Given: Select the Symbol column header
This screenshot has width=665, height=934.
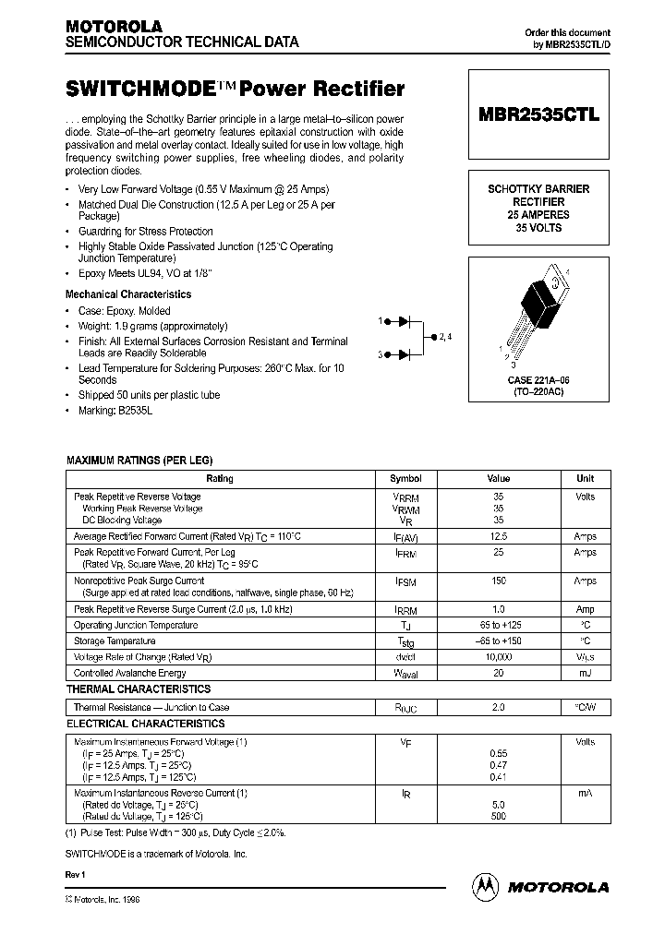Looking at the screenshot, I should (x=405, y=479).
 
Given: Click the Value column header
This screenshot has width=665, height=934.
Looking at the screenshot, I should (x=498, y=479).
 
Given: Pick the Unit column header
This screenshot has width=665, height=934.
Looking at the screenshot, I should (x=586, y=479).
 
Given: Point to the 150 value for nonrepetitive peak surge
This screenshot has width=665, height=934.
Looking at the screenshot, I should (x=498, y=581).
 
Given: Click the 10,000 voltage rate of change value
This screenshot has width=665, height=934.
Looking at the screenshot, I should (x=498, y=656).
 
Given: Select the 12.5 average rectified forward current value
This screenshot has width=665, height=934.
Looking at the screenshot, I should (x=498, y=535).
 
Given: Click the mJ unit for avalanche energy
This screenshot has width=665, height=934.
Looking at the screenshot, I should (x=586, y=673).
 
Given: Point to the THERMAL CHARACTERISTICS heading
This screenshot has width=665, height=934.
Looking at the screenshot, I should (x=139, y=689).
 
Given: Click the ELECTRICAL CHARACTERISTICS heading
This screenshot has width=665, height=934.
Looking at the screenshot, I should (x=145, y=724).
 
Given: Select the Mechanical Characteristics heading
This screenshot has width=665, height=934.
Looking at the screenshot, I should (x=128, y=294).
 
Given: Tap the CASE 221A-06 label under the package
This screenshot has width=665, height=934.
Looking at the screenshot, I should (x=539, y=379).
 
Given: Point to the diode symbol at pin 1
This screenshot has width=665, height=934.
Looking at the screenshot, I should (x=403, y=321).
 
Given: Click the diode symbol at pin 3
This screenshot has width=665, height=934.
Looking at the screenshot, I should (x=403, y=354).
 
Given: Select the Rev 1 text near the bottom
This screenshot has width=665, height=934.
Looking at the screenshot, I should (x=75, y=873).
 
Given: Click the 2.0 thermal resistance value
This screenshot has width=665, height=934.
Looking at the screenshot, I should (x=498, y=707).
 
